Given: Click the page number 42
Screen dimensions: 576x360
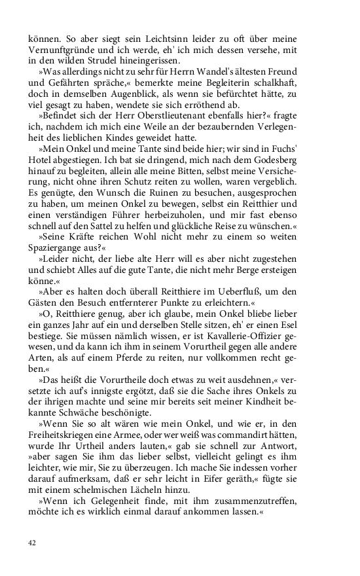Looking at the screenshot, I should pos(32,543).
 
